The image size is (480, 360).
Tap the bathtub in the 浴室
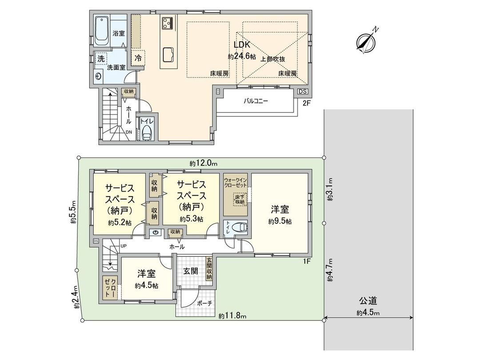pos(101,31)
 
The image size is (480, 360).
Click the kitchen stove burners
pos(168,22)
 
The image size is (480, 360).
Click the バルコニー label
pos(256,101)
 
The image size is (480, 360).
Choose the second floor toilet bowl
pos(147,132)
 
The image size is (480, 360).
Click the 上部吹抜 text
pos(272,59)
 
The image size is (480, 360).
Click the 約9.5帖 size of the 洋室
pos(280,221)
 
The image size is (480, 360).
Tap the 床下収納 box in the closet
pos(240,199)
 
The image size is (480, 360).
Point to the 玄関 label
pos(190,271)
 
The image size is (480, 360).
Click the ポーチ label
pos(204,303)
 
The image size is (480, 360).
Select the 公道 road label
pos(368,301)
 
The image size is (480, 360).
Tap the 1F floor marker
pos(306,261)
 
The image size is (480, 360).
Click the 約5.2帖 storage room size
pos(119,222)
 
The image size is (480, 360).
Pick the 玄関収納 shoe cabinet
pos(208,268)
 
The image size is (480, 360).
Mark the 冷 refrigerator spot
pos(138,57)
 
